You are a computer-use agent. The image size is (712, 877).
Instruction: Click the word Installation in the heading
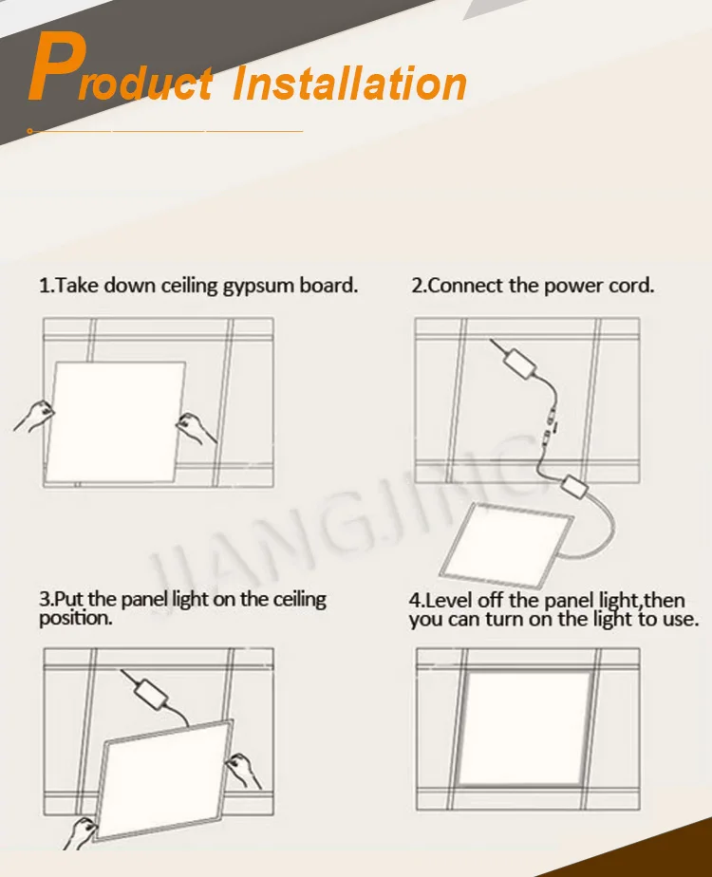point(349,84)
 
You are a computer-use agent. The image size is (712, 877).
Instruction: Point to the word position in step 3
point(76,618)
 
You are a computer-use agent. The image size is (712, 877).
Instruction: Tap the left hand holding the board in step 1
point(35,416)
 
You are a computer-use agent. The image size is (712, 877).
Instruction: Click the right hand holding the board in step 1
point(196,428)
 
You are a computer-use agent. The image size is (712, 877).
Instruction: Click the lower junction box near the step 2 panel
point(574,487)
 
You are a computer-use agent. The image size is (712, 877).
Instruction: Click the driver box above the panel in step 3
point(152,694)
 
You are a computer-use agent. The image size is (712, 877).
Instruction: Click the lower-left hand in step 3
point(80,832)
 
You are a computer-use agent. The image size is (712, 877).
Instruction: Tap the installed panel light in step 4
point(525,728)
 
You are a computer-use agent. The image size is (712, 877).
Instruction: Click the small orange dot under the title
point(29,131)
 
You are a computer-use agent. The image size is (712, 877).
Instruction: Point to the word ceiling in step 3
point(299,600)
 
